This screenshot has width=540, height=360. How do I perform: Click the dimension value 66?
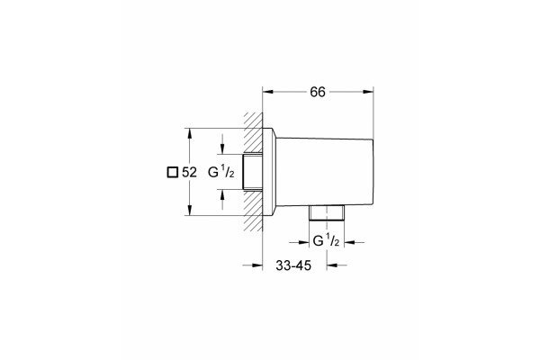pos(318,92)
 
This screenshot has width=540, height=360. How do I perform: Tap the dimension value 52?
pos(189,172)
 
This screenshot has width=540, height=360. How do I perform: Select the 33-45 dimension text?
pos(293,265)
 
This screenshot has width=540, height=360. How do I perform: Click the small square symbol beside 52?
pos(172,172)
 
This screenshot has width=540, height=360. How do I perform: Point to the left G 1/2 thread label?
pos(221,172)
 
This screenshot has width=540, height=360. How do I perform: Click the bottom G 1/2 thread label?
pos(326,240)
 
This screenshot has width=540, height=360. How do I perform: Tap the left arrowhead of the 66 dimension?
pos(268,92)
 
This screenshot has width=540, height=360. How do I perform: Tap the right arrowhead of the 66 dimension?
pos(368,92)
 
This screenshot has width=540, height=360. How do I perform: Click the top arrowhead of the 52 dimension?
pos(189,134)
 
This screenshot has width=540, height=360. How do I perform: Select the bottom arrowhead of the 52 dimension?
pos(189,210)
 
